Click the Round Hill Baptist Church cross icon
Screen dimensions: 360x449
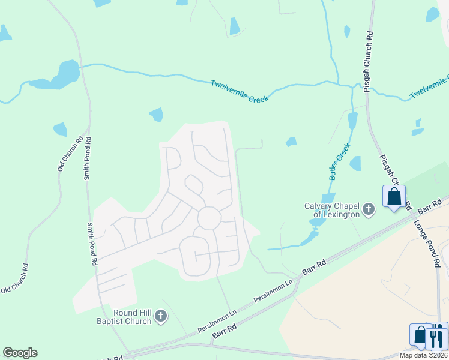160,316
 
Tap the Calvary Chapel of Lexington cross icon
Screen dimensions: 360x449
369,211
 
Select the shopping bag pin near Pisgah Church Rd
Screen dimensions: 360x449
394,197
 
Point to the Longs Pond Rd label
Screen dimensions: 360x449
427,242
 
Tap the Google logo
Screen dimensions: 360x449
20,353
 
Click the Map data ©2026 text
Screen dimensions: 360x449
423,355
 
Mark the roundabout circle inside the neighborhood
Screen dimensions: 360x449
209,217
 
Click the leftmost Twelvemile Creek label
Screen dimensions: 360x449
239,91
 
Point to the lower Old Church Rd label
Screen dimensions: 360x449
15,278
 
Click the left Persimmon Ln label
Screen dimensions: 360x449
217,322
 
